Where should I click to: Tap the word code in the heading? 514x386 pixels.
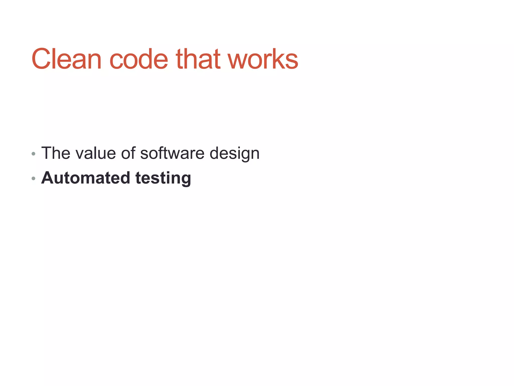(139, 59)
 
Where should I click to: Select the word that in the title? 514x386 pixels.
(198, 59)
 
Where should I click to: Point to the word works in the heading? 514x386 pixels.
(263, 59)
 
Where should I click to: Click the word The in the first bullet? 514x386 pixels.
(56, 153)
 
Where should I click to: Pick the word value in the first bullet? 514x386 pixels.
(96, 153)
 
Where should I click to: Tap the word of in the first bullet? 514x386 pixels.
(128, 153)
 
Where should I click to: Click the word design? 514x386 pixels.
(234, 154)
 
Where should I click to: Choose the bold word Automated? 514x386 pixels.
(86, 178)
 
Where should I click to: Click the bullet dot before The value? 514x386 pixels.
(33, 154)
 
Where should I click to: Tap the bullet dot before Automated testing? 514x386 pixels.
(33, 179)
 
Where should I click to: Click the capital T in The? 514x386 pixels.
(46, 153)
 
